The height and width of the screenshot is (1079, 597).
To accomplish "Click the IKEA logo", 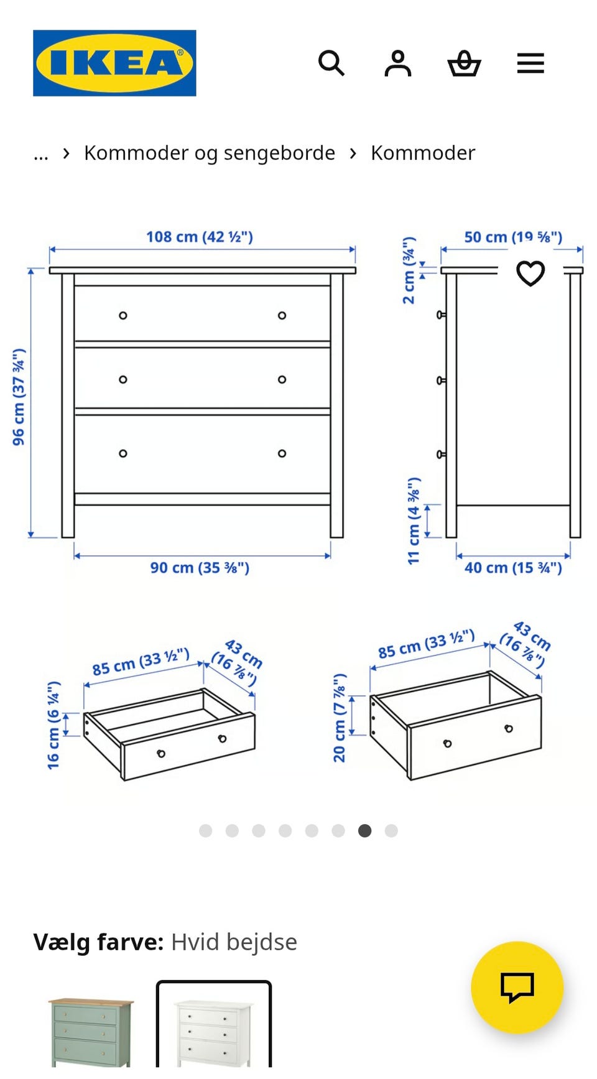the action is point(114,63).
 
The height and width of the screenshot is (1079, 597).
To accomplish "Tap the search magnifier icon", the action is point(331,63).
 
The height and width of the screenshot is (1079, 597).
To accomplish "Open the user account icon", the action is point(398,63).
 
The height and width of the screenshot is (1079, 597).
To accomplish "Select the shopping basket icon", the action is point(465,63).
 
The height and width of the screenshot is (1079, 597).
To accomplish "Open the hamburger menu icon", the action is point(530,63).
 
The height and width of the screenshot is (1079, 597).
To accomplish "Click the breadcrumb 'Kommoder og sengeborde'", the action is point(210,153).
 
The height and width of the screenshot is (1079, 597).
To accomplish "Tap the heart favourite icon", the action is point(530,273).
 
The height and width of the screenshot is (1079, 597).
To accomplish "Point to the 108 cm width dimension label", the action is point(200,237).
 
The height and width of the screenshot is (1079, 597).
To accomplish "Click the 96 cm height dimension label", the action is point(19,397).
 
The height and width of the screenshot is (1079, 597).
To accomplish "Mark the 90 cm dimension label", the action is point(200,568).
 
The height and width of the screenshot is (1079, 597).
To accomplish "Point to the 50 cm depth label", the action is point(513,237).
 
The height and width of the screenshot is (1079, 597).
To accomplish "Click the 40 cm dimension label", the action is point(513,568).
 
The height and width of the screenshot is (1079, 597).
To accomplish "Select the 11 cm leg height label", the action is point(414,521).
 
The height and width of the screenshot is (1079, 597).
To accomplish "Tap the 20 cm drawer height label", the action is point(340,718).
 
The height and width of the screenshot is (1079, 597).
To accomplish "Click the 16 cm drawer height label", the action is point(53,725).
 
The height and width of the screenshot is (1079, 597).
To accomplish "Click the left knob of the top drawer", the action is point(123,315).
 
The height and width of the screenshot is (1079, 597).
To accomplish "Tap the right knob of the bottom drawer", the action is point(282,453).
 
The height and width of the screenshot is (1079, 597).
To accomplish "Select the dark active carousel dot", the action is point(365,831).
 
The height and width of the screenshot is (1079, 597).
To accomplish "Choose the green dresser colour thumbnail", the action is point(91,1032).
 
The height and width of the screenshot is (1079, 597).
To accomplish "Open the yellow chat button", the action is point(517,988).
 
